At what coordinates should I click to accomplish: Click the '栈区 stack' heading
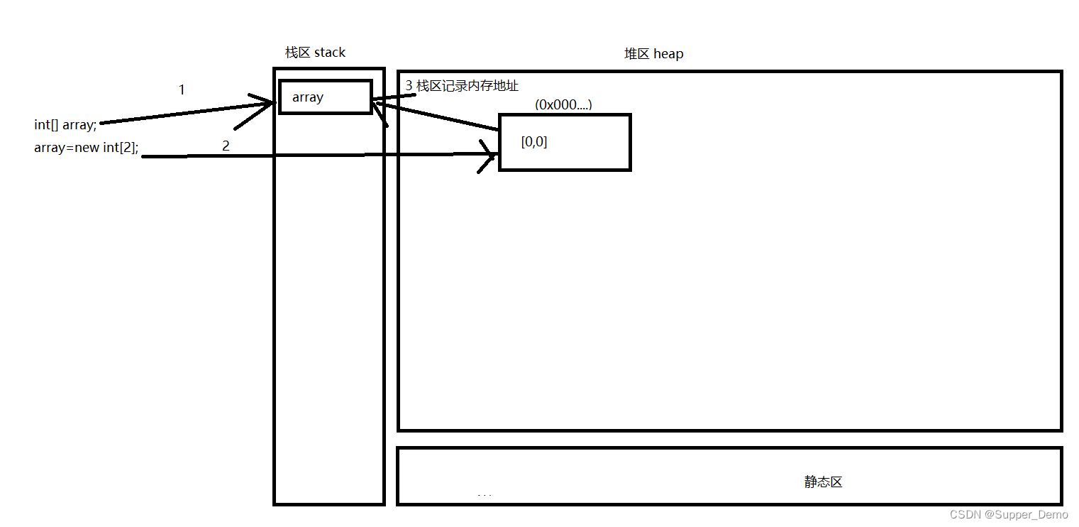[x=315, y=53]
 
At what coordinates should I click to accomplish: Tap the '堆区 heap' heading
[x=653, y=54]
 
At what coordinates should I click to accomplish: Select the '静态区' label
[x=823, y=482]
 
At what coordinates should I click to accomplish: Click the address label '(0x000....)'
[x=563, y=104]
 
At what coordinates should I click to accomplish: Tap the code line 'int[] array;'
[x=65, y=125]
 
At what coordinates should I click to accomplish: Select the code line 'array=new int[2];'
[x=86, y=148]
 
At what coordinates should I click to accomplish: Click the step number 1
[x=182, y=90]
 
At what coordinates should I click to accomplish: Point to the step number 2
[x=226, y=146]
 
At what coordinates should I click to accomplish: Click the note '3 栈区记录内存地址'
[x=462, y=86]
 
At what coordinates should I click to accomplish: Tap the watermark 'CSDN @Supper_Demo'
[x=1009, y=514]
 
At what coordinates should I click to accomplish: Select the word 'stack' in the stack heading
[x=329, y=53]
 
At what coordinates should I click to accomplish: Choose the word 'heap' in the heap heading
[x=668, y=54]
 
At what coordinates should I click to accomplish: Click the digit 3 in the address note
[x=409, y=86]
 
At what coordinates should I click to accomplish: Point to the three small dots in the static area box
[x=485, y=495]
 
